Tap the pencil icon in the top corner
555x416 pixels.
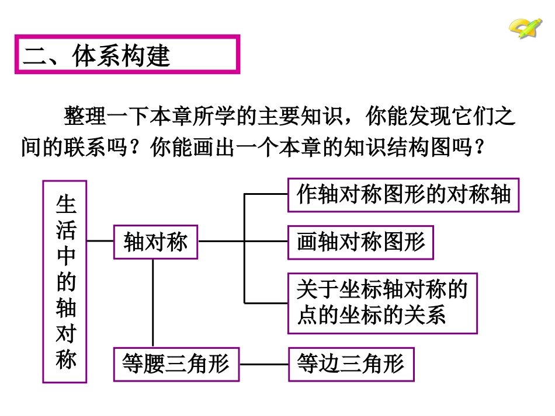pos(525,26)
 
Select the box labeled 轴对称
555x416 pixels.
pos(155,242)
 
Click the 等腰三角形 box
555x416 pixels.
pos(176,364)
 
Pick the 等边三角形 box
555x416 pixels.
pos(351,364)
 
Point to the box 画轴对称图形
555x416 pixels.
pos(360,242)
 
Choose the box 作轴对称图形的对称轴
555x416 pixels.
pos(404,194)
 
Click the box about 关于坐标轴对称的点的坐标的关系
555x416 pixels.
pos(382,303)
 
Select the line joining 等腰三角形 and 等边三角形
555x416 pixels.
pos(264,365)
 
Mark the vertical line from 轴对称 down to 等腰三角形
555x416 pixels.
pos(153,303)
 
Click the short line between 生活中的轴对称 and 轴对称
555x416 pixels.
pos(100,240)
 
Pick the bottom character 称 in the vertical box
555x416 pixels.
pos(65,359)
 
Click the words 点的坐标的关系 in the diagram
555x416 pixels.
pos(372,316)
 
